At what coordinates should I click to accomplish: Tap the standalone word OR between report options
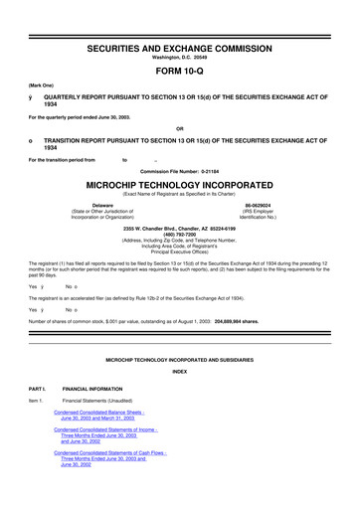coord(179,126)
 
